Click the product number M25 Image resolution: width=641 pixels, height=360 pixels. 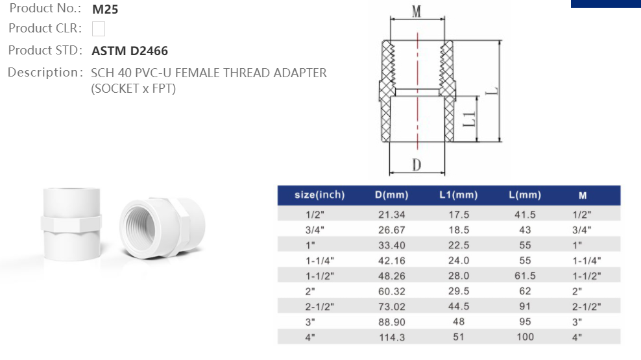coord(105,10)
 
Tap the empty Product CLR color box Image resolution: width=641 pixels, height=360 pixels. coord(99,29)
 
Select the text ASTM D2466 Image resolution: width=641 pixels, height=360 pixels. coord(130,51)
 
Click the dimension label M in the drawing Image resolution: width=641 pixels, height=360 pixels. coord(417,11)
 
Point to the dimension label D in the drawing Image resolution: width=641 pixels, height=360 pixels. coord(417,165)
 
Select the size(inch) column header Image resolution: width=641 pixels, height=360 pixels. coord(319,195)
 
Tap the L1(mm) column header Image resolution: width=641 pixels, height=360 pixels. coord(458,195)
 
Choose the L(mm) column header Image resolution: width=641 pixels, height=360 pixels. coord(525,195)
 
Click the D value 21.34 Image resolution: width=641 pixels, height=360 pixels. coord(391,214)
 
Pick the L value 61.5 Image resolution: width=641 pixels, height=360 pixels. coord(525,276)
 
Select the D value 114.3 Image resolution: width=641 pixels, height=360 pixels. coord(391,337)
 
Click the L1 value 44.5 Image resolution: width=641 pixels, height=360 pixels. coord(458,306)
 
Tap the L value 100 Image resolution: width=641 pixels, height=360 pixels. coord(525,337)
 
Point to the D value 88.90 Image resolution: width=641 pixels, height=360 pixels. coord(391,322)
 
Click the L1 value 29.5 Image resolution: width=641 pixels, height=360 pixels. coord(458,291)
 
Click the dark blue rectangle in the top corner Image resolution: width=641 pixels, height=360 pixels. coord(605,3)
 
